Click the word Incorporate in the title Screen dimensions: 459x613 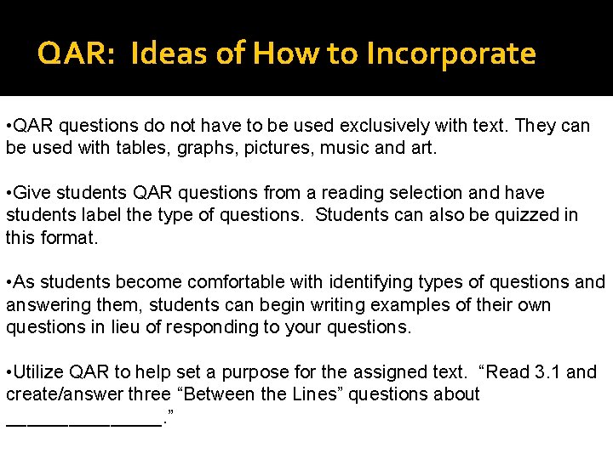point(450,54)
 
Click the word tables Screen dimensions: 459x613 point(152,148)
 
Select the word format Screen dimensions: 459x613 point(72,237)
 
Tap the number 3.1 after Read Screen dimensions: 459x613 point(546,372)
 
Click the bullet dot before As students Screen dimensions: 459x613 point(8,282)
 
